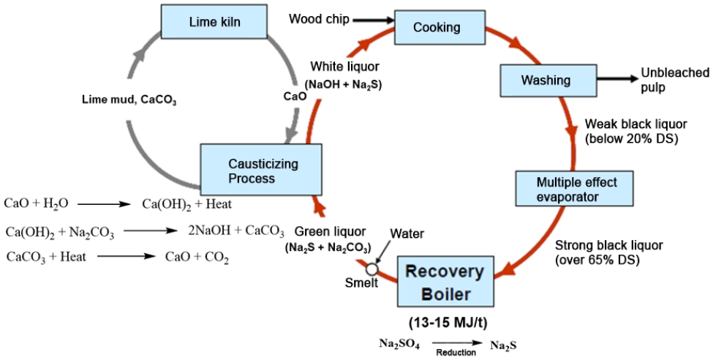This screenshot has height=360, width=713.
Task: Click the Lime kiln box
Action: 202,23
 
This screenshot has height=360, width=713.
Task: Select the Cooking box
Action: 437,28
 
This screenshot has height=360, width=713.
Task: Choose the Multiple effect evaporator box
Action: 574,189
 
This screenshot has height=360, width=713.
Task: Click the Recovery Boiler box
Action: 445,281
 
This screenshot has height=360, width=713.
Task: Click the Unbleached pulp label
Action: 674,80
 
